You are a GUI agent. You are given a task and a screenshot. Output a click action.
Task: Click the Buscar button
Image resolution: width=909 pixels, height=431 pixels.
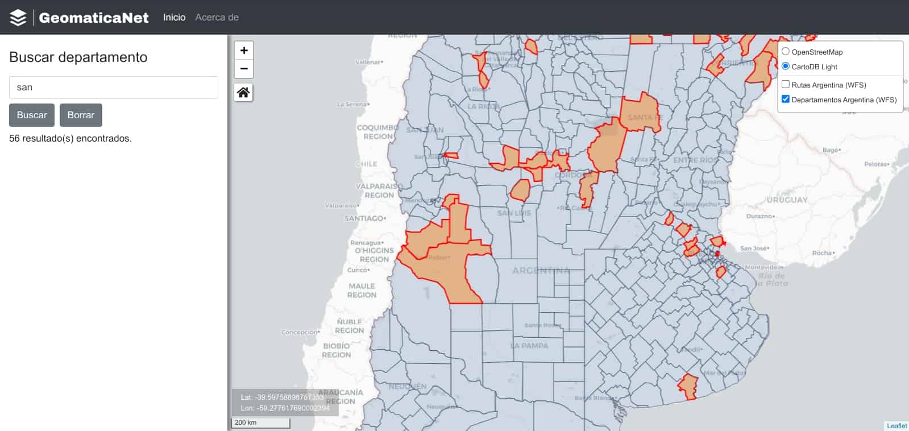(32, 115)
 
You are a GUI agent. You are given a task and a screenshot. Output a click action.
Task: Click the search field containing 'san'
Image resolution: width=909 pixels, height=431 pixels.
(114, 88)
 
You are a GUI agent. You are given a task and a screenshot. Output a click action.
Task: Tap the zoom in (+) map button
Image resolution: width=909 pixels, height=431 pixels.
(244, 51)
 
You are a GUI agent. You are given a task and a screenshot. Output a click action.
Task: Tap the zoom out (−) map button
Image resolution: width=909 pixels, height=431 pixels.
(244, 69)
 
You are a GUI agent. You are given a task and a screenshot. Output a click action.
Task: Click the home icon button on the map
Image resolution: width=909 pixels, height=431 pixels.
(243, 92)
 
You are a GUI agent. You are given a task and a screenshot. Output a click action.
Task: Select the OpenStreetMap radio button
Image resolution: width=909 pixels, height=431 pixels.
(786, 51)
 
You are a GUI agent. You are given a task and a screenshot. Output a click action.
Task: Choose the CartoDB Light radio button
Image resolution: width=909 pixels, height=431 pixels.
(786, 66)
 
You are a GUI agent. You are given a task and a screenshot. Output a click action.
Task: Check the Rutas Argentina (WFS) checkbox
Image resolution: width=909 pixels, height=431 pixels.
(786, 84)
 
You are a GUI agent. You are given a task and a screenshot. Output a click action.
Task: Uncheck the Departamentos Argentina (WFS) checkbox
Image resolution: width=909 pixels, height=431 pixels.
(786, 99)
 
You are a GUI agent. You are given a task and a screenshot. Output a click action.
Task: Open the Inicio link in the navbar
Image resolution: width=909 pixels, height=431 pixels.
(174, 18)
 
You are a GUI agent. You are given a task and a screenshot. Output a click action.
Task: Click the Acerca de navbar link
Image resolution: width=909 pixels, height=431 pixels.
(217, 18)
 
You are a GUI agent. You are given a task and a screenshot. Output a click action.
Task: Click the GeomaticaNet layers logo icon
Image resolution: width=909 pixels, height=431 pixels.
(18, 18)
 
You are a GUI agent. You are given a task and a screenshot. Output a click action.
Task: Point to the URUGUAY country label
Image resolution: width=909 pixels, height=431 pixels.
(787, 200)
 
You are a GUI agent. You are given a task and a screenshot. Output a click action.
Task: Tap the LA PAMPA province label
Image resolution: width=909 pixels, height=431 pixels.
(529, 346)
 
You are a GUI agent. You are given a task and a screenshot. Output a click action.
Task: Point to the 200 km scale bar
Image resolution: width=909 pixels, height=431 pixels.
(261, 423)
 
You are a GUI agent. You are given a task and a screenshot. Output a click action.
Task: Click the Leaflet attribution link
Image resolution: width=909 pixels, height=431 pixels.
(896, 426)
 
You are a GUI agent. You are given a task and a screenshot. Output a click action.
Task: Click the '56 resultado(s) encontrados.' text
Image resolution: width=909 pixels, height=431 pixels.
(70, 138)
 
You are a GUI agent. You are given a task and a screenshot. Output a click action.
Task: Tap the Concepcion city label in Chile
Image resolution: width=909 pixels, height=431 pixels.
(300, 332)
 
